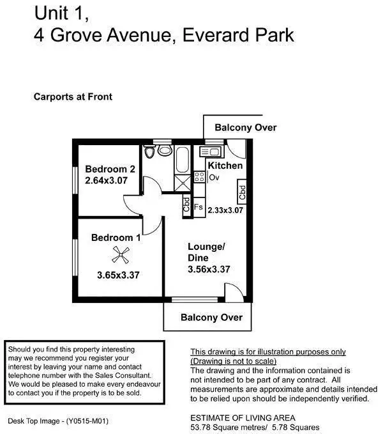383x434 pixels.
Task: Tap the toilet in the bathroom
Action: (149, 152)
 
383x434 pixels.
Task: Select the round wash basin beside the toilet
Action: (165, 151)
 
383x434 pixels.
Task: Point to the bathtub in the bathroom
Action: (182, 160)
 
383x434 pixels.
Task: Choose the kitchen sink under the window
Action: (210, 151)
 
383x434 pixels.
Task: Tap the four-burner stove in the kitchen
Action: (199, 177)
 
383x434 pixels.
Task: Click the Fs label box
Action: (199, 207)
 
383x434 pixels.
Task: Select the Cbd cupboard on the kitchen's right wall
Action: (242, 190)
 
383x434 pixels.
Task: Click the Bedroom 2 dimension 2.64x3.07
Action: (110, 181)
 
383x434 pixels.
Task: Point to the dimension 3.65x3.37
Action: (118, 275)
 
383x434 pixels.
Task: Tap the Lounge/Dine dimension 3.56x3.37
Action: (208, 269)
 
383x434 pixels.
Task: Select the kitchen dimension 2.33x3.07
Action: (226, 209)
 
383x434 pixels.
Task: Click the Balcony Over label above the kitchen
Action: (245, 127)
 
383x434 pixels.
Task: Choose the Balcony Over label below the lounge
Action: (211, 317)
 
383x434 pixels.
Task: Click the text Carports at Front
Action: (73, 97)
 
